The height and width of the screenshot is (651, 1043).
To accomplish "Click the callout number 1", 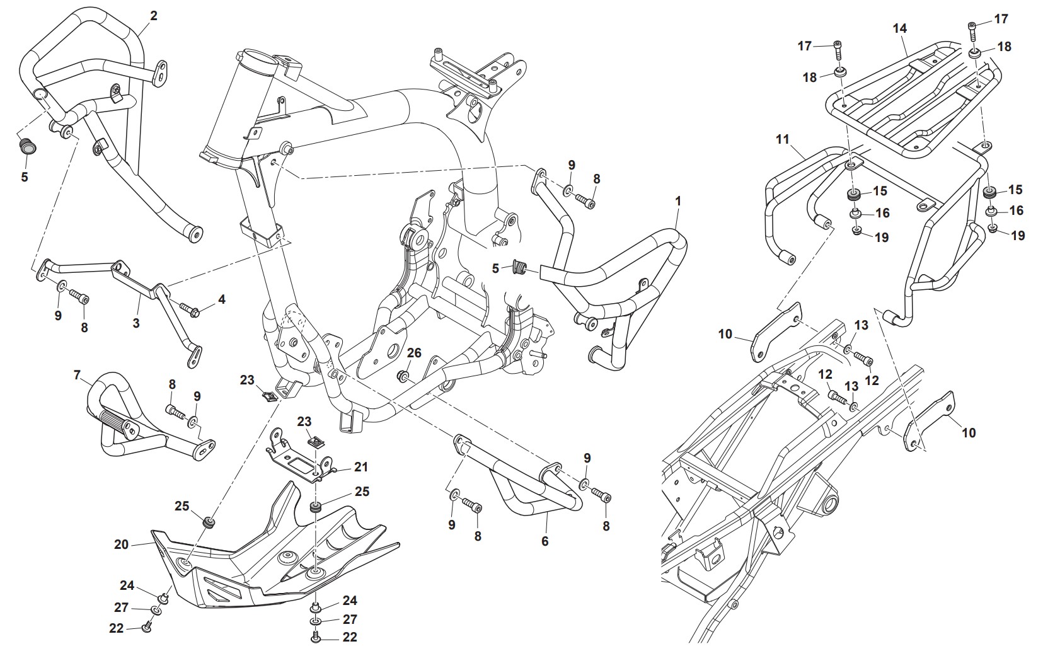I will point(678,202).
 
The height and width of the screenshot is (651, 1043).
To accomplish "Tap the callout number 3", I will point(136,323).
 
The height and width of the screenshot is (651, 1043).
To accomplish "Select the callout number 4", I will point(221,300).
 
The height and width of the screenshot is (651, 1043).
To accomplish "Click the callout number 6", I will point(545,541).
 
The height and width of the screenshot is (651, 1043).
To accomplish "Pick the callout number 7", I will point(78,376).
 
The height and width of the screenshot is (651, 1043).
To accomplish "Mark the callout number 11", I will point(782,139).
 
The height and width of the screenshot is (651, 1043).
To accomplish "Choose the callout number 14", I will point(899,28).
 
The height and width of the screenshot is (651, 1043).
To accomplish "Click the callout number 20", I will point(122,544).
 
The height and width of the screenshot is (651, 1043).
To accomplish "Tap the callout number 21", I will point(360,467).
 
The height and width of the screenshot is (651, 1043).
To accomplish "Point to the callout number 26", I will point(413,353).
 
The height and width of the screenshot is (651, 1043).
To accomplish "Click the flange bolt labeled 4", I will point(190,309).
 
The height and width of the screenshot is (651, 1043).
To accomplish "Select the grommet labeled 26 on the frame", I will point(403,377).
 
